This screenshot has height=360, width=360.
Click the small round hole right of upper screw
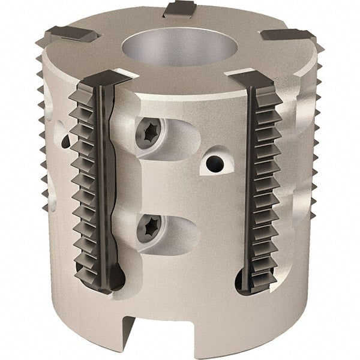[x=213, y=162]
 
